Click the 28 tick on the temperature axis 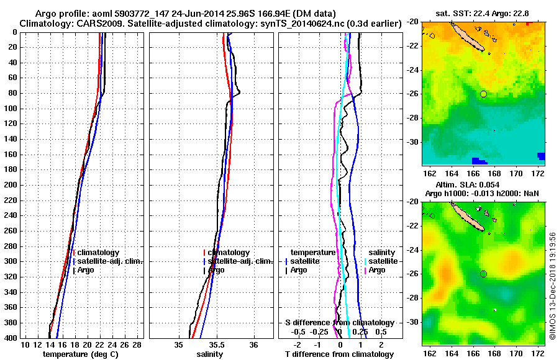click(137, 344)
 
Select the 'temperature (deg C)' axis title click(80, 354)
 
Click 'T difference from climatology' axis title click(339, 354)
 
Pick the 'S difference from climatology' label click(339, 323)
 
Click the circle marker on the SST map click(483, 94)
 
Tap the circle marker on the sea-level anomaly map click(483, 274)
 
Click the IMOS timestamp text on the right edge click(552, 286)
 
